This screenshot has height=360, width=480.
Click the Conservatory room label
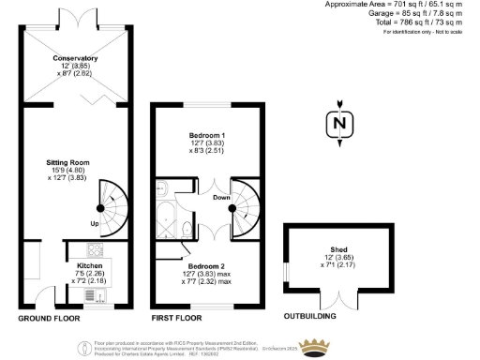(76, 57)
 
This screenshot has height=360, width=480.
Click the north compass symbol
(340, 123)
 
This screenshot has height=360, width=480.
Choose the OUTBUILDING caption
(312, 319)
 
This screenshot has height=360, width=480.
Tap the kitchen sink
(98, 295)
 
